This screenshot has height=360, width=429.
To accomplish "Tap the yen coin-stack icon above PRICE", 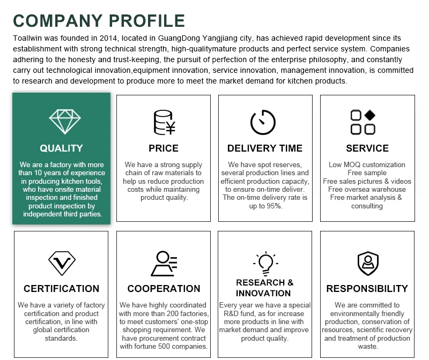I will click(x=164, y=122).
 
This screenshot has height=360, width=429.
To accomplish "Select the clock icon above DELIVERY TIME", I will click(x=263, y=122).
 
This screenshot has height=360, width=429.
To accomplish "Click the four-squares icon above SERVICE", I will click(x=363, y=122).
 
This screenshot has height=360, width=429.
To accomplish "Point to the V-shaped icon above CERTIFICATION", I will click(x=61, y=263).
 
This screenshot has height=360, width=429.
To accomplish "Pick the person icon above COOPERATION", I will click(x=164, y=263).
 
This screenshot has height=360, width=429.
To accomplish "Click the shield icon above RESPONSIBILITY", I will click(x=367, y=263).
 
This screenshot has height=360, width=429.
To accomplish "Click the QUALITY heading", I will click(x=61, y=148).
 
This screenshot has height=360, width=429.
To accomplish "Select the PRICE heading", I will click(x=164, y=148).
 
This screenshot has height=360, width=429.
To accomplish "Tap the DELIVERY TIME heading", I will click(x=265, y=148).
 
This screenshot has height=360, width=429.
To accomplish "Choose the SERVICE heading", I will click(x=367, y=148).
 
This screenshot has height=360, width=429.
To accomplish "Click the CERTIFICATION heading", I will click(x=61, y=289).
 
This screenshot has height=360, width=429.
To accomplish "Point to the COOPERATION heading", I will click(x=164, y=289).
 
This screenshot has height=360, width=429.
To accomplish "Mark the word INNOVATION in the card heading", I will click(x=263, y=294).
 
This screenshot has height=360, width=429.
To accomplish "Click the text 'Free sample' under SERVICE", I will click(x=367, y=173).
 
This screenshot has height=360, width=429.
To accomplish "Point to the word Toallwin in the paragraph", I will click(x=28, y=39).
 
